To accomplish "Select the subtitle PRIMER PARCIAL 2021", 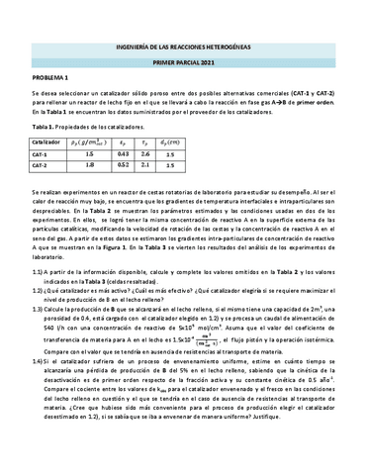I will (183, 54).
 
